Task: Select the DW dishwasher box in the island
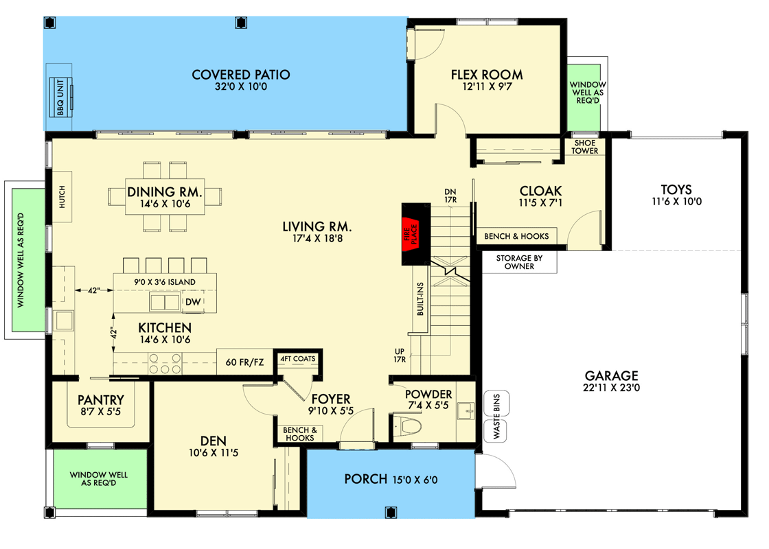(x=193, y=302)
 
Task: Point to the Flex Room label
(x=486, y=75)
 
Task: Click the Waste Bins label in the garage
(x=496, y=417)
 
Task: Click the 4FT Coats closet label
(x=297, y=359)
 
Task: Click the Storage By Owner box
(x=519, y=262)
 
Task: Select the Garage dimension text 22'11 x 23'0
(x=611, y=388)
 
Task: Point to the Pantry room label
(x=100, y=399)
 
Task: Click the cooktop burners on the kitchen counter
(x=164, y=362)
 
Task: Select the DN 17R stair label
(x=450, y=196)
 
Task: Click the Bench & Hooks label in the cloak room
(x=516, y=236)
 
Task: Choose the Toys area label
(x=676, y=189)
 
